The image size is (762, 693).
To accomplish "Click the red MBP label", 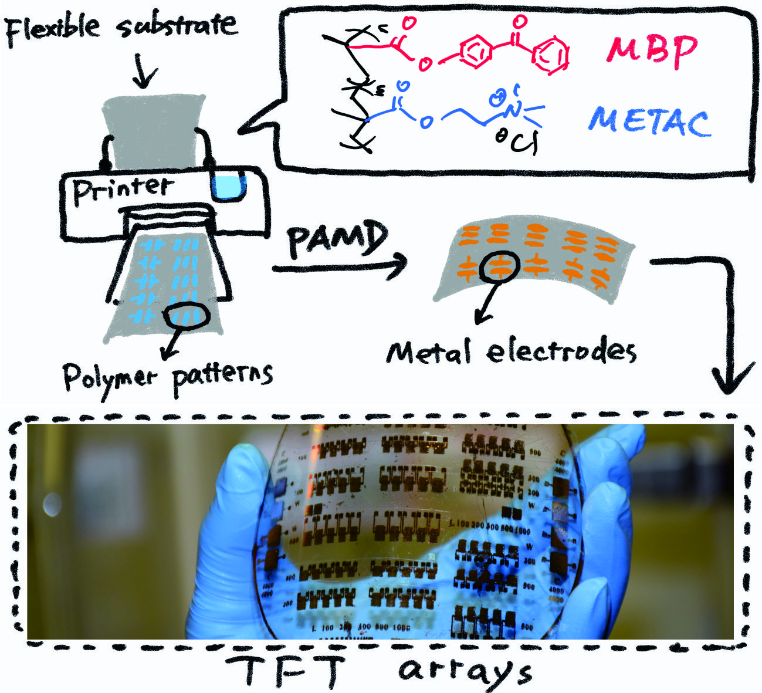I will point(652,50).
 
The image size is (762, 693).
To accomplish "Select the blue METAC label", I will point(649,121).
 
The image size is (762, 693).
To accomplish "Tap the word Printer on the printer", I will point(123,188).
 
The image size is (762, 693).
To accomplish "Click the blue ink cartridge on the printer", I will point(229,187).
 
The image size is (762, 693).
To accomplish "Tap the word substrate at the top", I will point(179,26).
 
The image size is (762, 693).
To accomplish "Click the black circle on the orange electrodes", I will point(499,267).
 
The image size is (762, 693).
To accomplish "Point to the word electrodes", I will point(561,351).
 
